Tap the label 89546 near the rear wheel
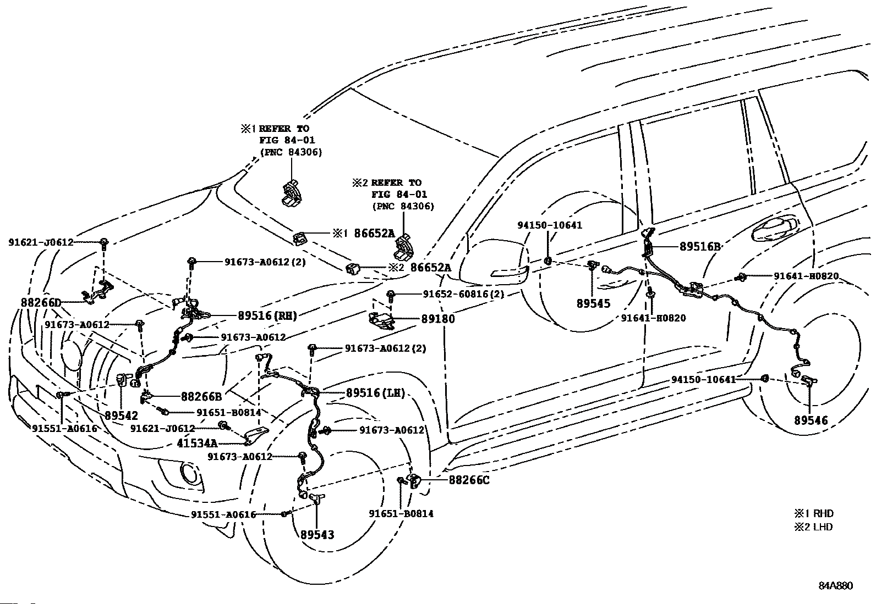(811, 420)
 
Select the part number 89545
(593, 303)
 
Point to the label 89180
(438, 319)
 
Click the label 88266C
(469, 480)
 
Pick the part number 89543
(317, 534)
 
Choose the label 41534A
(197, 443)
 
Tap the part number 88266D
(41, 302)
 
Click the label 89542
(121, 415)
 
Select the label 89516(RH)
(267, 315)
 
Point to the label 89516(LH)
(375, 392)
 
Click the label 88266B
(201, 397)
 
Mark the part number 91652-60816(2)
(463, 294)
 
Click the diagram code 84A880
(836, 586)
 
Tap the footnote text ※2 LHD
(813, 527)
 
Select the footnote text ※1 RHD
(814, 513)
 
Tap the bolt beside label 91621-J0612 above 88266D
(104, 242)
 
